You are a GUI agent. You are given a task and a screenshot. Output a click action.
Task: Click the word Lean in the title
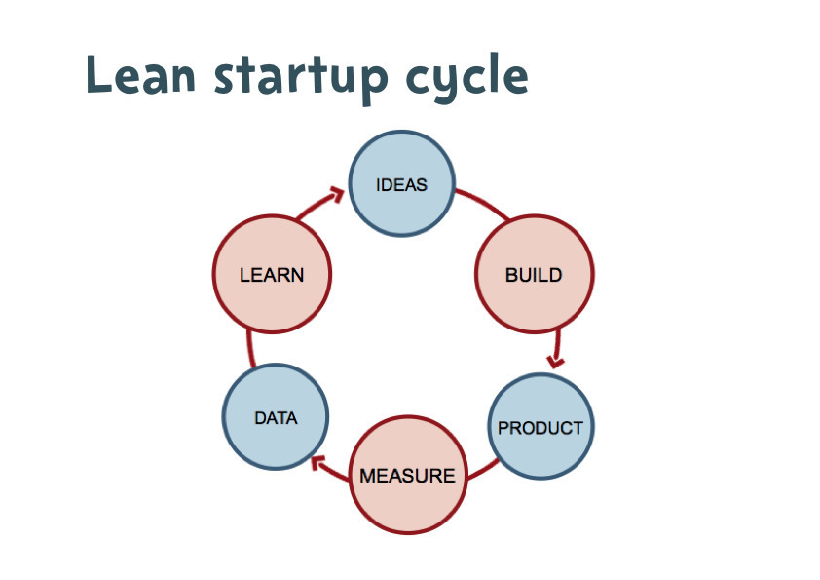click(x=144, y=75)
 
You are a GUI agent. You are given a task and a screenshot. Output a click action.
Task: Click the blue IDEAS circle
click(x=401, y=184)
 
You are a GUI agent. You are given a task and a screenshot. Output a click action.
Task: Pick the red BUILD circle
click(x=534, y=275)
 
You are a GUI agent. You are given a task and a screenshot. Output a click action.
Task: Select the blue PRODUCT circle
click(x=540, y=427)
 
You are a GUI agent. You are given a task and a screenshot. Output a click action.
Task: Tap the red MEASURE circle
click(x=407, y=476)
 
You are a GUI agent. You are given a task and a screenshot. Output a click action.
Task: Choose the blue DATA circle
click(x=276, y=418)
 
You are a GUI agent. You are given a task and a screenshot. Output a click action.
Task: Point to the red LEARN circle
click(x=272, y=275)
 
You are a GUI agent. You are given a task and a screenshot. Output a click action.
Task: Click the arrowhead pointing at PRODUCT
click(x=556, y=362)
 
